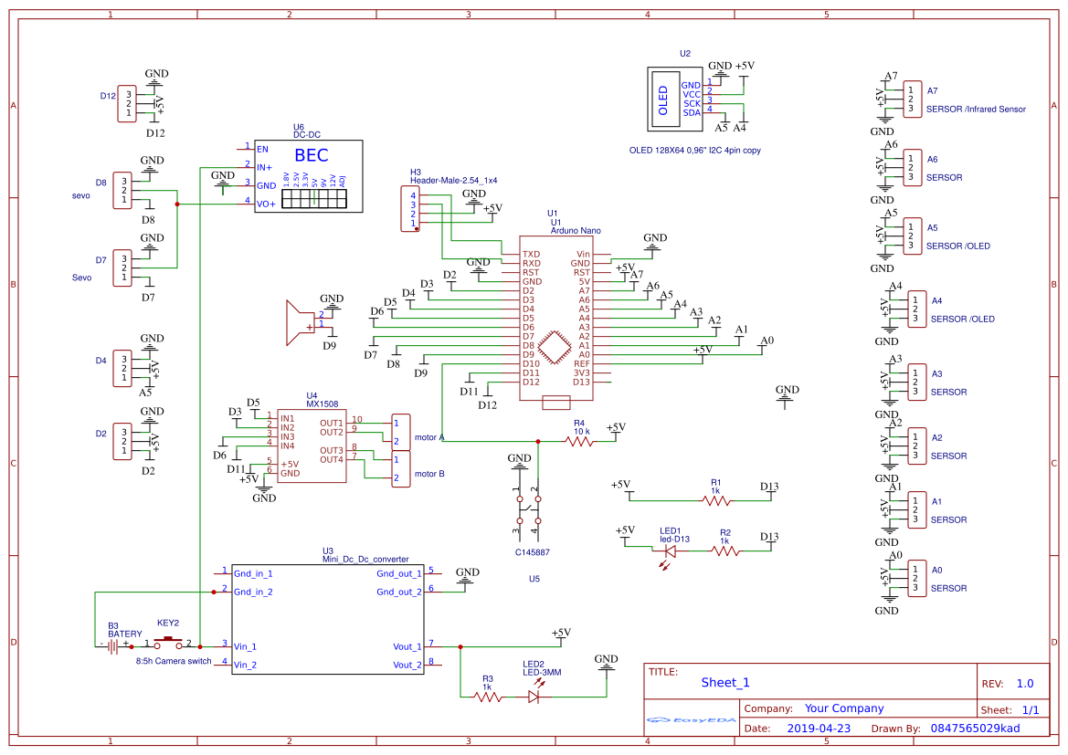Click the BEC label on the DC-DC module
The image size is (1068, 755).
(x=311, y=155)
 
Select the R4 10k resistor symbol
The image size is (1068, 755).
(x=579, y=441)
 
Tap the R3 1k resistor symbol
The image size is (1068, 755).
(x=488, y=697)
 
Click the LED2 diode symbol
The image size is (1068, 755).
(x=534, y=697)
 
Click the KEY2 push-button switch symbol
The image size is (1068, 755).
(x=168, y=645)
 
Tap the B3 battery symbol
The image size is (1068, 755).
(x=113, y=646)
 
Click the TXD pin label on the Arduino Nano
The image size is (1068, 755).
(x=531, y=254)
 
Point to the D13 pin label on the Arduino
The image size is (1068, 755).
(x=582, y=382)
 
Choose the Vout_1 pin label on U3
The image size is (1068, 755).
(x=407, y=646)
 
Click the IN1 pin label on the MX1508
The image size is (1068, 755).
(x=288, y=418)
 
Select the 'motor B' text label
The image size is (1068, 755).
(x=429, y=474)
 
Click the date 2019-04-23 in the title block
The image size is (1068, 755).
(x=819, y=729)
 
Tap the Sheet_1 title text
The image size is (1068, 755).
(x=725, y=682)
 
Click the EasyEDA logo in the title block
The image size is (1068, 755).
(x=691, y=719)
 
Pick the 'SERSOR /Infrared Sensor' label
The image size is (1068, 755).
(x=976, y=109)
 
